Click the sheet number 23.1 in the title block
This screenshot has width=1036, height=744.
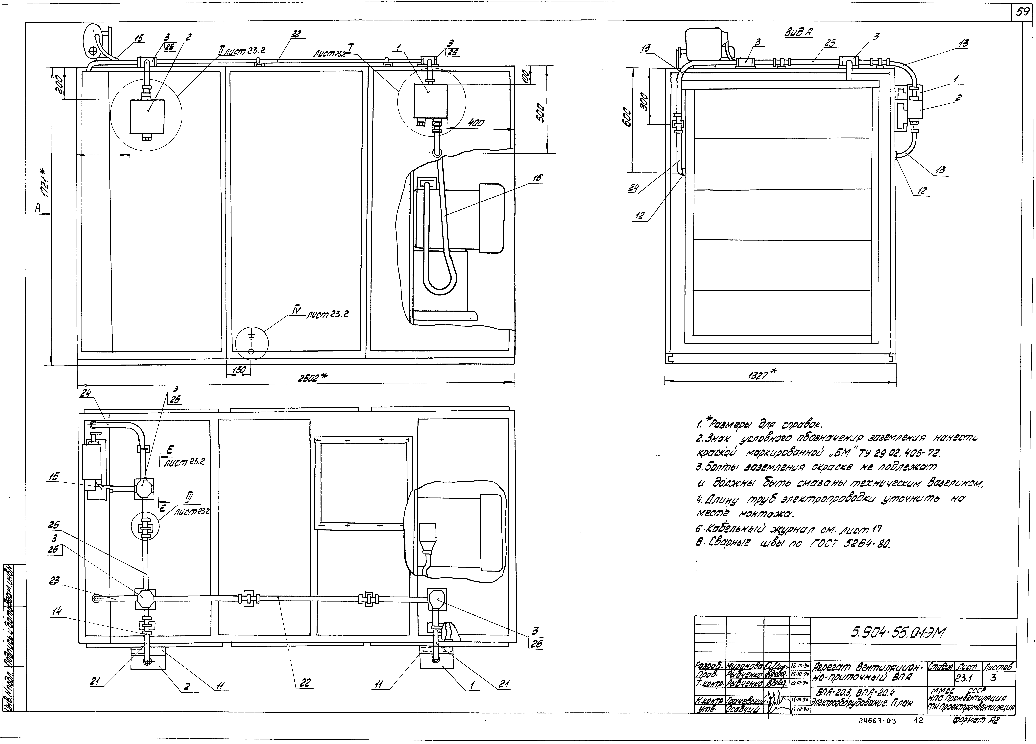pos(964,680)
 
